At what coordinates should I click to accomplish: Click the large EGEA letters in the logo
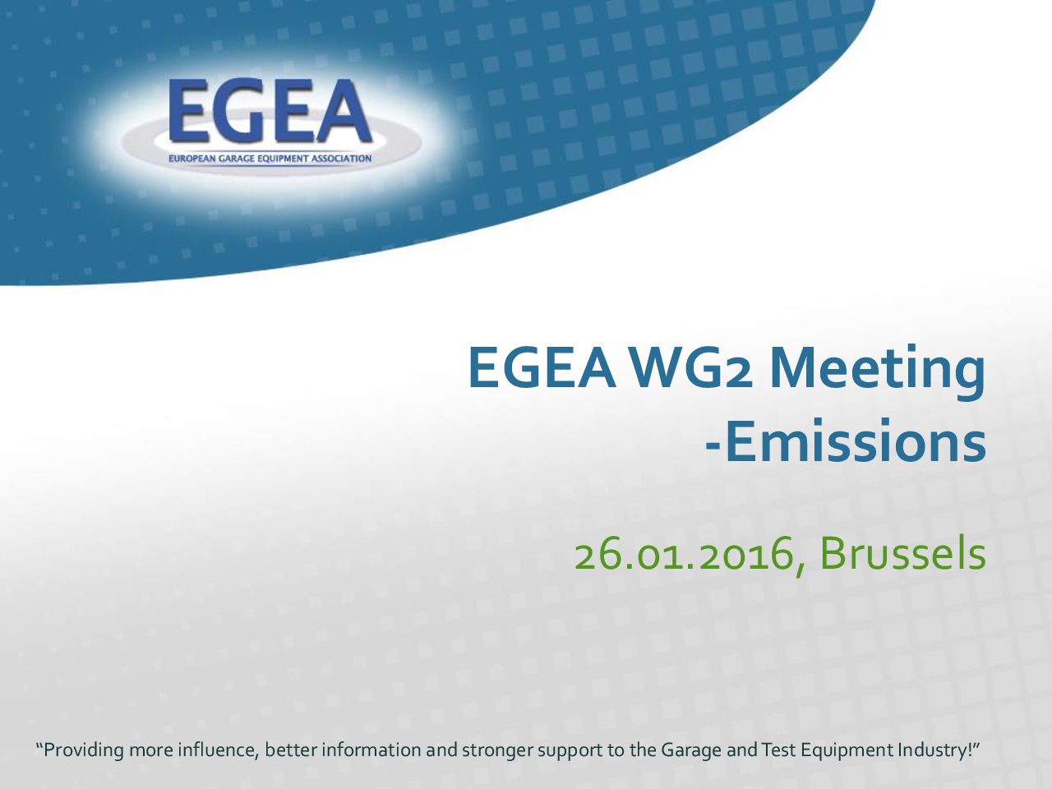270,111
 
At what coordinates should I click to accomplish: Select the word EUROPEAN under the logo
192,158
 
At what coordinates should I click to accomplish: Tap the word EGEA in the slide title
542,367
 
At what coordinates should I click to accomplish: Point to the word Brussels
902,553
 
